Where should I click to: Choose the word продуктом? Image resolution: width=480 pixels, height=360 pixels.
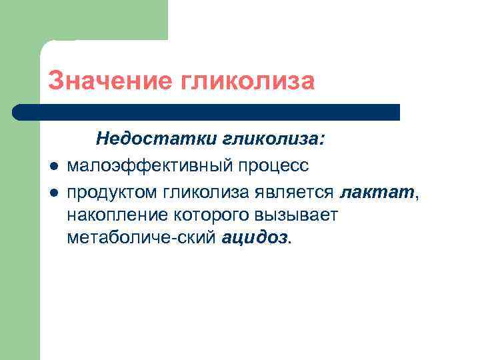click(x=110, y=193)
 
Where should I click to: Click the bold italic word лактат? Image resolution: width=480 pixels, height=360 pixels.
click(x=377, y=193)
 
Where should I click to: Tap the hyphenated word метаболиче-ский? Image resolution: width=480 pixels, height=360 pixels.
click(x=140, y=238)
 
